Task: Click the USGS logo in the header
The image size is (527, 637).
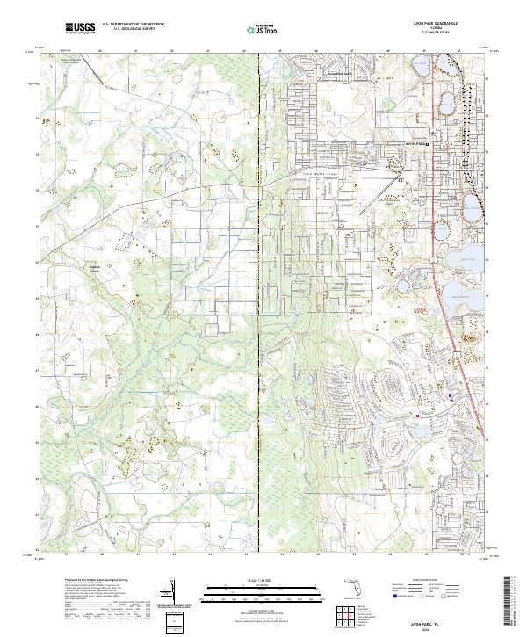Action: click(x=80, y=29)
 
